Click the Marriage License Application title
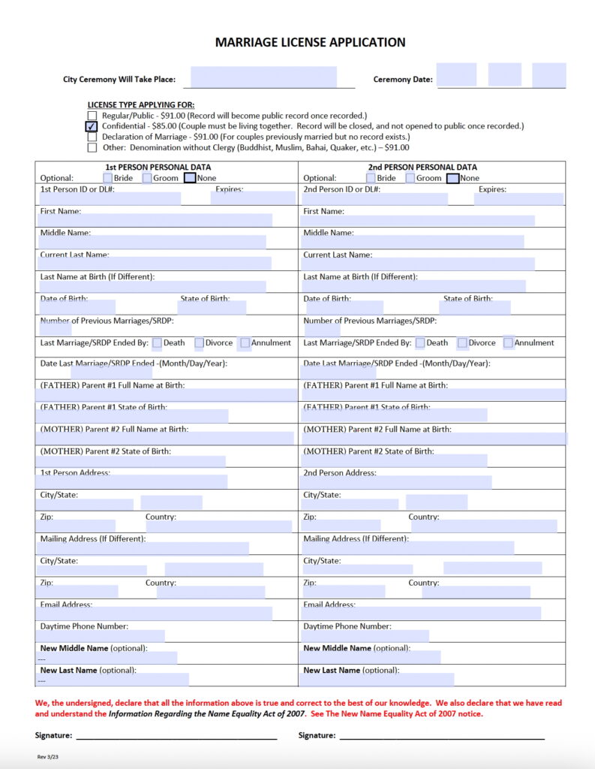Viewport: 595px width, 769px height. point(310,43)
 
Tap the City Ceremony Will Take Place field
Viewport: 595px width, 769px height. point(263,77)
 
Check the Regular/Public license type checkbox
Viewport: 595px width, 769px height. point(92,116)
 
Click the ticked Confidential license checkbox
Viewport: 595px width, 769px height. point(92,126)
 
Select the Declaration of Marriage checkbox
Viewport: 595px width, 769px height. point(92,137)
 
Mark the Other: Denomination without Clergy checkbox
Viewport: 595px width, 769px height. point(92,148)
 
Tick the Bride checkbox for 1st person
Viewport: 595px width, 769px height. point(107,178)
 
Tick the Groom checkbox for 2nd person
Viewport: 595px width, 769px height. point(410,178)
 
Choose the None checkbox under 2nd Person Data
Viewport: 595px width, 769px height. point(452,178)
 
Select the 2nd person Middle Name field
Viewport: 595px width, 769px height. point(413,242)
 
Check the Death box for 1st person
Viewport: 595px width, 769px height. point(157,343)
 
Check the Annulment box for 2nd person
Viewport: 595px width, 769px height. point(508,343)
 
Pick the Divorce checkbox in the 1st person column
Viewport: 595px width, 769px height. point(199,343)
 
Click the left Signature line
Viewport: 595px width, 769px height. point(176,736)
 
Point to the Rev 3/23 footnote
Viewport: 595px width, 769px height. point(48,757)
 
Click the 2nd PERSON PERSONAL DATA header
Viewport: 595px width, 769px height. point(422,167)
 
